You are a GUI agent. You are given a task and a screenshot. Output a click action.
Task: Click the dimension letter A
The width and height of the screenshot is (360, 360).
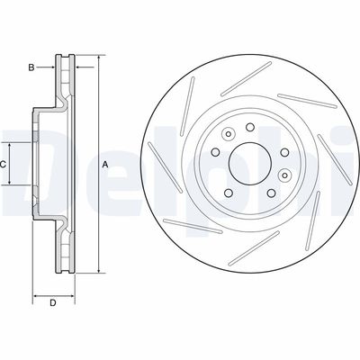click(x=105, y=164)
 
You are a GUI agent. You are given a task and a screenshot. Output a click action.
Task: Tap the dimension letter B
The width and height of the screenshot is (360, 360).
click(x=31, y=67)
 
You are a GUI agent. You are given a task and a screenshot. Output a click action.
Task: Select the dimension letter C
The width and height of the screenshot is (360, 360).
click(x=4, y=164)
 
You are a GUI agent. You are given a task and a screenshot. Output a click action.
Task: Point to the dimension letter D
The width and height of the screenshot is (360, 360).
click(x=52, y=301)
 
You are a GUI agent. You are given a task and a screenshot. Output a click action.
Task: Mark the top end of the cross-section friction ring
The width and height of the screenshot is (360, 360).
click(x=65, y=58)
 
